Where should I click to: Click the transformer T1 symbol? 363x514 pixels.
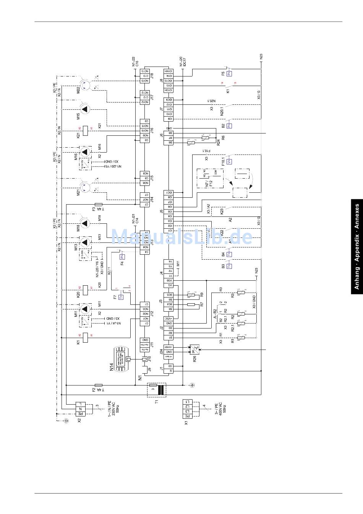point(156,390)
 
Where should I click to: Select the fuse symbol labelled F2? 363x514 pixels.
point(98,385)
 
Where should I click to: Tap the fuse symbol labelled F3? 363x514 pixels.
point(98,205)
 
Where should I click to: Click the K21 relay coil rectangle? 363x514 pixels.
point(85,130)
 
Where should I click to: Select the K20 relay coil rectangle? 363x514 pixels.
point(85,290)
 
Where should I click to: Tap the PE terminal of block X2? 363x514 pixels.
point(81,413)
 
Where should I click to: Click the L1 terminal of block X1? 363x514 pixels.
point(187,402)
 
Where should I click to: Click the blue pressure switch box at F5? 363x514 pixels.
point(229,73)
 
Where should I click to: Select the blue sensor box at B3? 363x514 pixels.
point(229,266)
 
